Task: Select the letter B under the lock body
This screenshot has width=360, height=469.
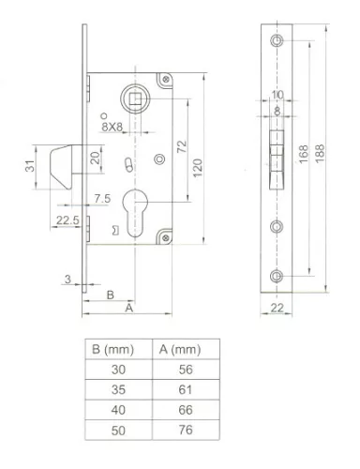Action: click(x=111, y=293)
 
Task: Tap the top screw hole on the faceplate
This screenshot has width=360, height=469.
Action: click(x=277, y=43)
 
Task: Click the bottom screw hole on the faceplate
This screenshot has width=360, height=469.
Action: click(x=277, y=275)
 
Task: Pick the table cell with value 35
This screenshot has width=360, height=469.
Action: click(x=117, y=389)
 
